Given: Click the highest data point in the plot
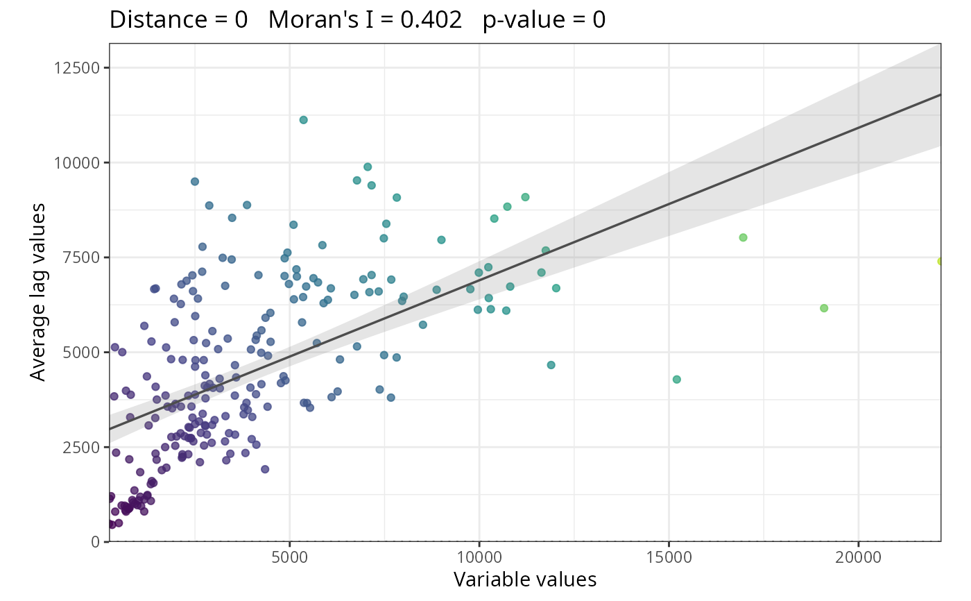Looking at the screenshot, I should point(303,120).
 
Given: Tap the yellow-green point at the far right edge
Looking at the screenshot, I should point(940,261).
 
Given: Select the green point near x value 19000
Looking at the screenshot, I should point(824,308).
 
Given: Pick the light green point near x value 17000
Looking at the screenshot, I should point(743,237).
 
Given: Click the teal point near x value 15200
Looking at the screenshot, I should point(677,380).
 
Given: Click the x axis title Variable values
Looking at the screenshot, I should point(525,579).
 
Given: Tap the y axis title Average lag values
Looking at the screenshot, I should point(39,291).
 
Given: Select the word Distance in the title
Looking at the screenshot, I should point(155,20).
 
